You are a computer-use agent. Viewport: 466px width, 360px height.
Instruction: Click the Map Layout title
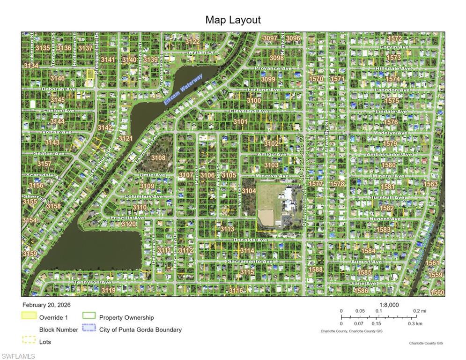pyautogui.click(x=233, y=20)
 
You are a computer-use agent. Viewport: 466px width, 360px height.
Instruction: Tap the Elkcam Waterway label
pyautogui.click(x=183, y=89)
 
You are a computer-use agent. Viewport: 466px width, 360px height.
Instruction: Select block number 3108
pyautogui.click(x=158, y=158)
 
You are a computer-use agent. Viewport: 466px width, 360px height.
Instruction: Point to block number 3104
pyautogui.click(x=249, y=191)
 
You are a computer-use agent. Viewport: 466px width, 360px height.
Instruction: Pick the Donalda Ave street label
pyautogui.click(x=251, y=240)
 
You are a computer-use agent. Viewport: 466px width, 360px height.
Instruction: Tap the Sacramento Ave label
pyautogui.click(x=250, y=261)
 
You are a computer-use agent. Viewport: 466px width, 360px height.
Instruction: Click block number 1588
pyautogui.click(x=316, y=270)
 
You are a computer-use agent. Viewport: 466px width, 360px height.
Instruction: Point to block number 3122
pyautogui.click(x=192, y=42)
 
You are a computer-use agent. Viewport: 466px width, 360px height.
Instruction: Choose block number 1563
pyautogui.click(x=430, y=184)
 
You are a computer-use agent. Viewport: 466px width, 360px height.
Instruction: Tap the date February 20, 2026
pyautogui.click(x=46, y=305)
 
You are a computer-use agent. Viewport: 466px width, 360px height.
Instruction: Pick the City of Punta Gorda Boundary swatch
pyautogui.click(x=89, y=329)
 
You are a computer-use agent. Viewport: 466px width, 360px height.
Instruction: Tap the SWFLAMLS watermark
pyautogui.click(x=18, y=356)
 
